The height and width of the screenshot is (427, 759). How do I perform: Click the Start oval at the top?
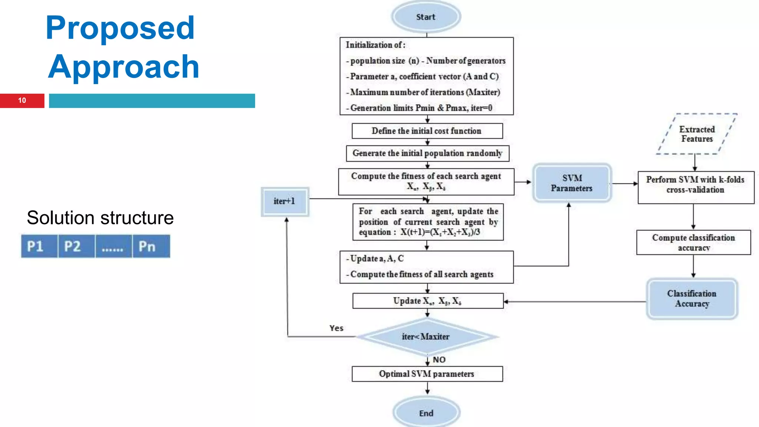426,17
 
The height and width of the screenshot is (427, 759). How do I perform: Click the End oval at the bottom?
426,413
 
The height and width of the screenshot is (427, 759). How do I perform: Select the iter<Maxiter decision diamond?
426,337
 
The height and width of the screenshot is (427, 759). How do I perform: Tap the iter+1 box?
285,201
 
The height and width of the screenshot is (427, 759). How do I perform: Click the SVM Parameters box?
572,183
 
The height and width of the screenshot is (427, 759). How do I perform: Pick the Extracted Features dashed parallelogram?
697,134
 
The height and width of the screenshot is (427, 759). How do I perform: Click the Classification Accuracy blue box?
692,299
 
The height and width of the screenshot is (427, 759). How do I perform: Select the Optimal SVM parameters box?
427,374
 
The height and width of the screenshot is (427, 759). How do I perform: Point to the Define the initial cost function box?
427,131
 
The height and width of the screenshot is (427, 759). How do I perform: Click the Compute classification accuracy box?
693,242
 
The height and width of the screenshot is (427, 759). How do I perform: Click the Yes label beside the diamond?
336,328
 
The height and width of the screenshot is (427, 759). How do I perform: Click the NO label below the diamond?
439,360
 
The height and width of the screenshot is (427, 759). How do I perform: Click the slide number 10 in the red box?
22,100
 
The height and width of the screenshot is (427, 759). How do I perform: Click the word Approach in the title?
124,67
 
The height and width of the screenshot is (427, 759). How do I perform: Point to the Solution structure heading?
100,218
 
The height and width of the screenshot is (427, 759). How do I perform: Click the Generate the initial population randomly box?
427,153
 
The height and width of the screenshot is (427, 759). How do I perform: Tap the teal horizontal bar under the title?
152,101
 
